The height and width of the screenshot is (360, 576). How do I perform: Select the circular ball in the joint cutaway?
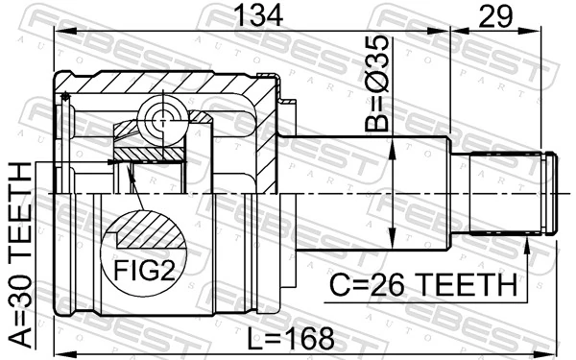[159, 121]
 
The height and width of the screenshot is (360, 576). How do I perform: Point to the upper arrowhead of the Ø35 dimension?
[394, 145]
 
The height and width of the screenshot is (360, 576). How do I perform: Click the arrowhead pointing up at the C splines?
[527, 247]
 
